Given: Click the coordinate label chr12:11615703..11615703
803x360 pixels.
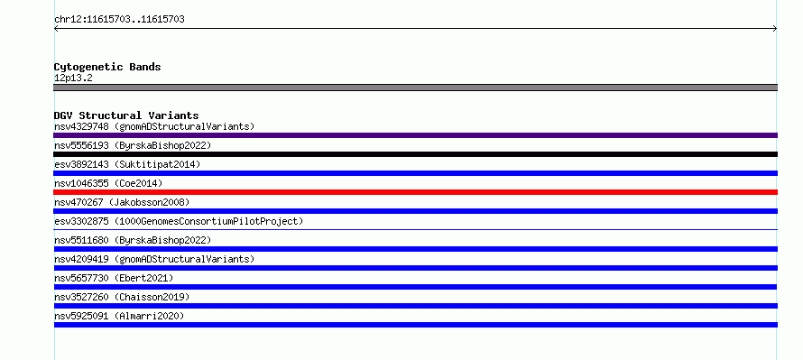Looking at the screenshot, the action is coord(119,20).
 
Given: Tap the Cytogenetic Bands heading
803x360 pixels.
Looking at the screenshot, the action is coord(107,67).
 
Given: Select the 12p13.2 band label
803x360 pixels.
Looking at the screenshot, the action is coord(73,78).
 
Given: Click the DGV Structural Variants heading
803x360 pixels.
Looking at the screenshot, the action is coord(126,115).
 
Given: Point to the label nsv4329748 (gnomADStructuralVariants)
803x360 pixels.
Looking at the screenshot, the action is coord(154,126).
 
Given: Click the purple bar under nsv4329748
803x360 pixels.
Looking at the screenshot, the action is coord(415,135).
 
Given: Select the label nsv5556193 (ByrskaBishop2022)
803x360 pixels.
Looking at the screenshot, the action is coord(133,145).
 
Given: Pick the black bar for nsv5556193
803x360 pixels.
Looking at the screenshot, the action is coord(415,154).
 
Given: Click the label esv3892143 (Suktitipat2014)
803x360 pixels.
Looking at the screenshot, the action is coord(127,164).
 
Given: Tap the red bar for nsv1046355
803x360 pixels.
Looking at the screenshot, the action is coord(415,192).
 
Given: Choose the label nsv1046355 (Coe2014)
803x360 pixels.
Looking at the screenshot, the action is coord(108,183).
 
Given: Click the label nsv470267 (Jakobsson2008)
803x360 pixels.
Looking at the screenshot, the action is coord(122,202).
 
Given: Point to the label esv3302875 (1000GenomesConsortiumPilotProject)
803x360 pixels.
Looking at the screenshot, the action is coord(179,221).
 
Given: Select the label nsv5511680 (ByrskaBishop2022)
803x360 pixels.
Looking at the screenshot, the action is coord(133,240).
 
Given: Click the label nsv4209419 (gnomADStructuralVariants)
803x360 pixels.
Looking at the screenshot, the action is coord(154,259).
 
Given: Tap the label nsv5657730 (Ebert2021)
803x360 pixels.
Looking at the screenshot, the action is coord(114,278).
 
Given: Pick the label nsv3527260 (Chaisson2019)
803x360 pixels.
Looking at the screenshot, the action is coord(122,297).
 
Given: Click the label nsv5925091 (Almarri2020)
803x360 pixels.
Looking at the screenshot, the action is coord(119,316).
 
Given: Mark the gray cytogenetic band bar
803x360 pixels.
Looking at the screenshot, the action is coord(415,88).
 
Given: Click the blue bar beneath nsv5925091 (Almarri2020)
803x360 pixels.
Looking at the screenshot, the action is coord(415,325).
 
